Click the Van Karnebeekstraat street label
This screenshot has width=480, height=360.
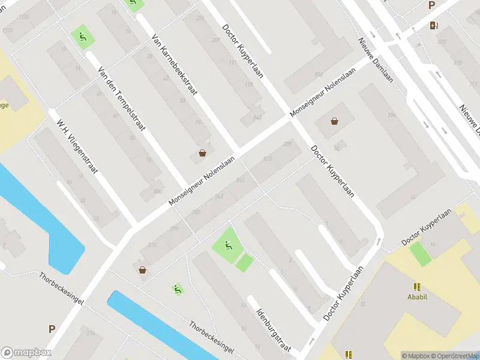coord(175,67)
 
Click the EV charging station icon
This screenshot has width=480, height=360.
coord(434,25)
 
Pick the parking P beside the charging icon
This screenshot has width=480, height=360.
coord(431,5)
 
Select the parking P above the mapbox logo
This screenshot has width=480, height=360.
coord(52,329)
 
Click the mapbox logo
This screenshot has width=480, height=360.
coord(25,353)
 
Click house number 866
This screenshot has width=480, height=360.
coord(318,74)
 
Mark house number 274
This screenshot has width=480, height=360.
coord(91,333)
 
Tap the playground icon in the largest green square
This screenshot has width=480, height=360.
coord(228,245)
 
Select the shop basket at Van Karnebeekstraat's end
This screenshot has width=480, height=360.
coord(203,152)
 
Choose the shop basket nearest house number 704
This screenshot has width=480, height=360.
coord(334,121)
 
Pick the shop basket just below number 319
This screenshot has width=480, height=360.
coord(143,270)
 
